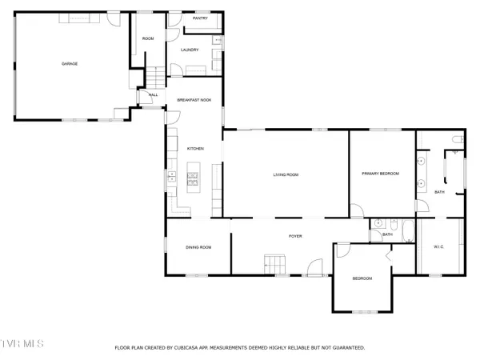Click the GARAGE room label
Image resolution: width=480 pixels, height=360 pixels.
70,63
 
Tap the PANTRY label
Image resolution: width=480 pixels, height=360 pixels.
200,17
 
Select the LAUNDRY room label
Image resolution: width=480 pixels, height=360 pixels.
190,50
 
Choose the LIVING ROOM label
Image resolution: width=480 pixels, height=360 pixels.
286,174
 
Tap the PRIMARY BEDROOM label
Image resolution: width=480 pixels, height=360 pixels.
380,174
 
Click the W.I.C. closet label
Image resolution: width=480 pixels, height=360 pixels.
438,246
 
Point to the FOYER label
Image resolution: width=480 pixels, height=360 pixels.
295,237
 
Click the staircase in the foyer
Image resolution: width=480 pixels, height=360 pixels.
275,262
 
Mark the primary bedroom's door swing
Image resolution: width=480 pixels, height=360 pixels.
357,211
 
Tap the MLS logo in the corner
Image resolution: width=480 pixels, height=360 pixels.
22,345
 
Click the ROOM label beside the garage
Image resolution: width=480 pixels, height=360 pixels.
148,38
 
